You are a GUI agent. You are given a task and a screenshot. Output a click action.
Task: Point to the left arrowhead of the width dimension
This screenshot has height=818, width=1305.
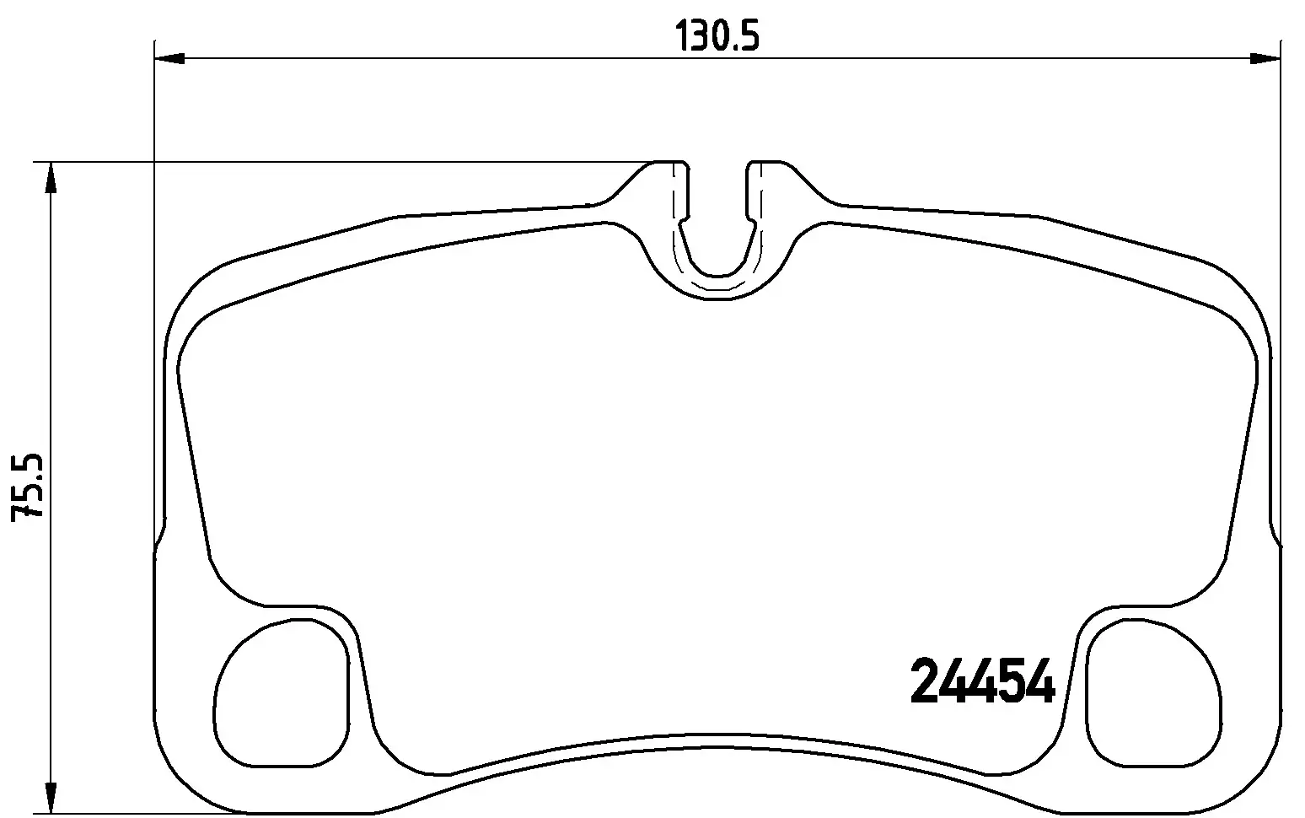click(x=169, y=58)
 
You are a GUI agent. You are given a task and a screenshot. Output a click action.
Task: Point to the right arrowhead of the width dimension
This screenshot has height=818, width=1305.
click(x=1264, y=58)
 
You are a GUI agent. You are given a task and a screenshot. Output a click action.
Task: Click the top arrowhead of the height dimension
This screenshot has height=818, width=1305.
click(x=51, y=179)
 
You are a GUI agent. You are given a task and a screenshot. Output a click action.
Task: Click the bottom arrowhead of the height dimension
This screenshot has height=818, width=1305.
click(x=51, y=797)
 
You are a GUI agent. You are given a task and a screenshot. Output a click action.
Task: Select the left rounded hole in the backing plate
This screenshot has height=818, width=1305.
click(x=282, y=693)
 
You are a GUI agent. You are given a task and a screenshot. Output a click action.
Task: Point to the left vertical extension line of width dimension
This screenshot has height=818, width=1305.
click(x=154, y=253)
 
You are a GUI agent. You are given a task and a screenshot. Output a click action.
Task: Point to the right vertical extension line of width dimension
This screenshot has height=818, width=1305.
click(x=1280, y=253)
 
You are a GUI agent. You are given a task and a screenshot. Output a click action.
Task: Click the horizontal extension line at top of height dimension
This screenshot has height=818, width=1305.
click(x=337, y=161)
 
